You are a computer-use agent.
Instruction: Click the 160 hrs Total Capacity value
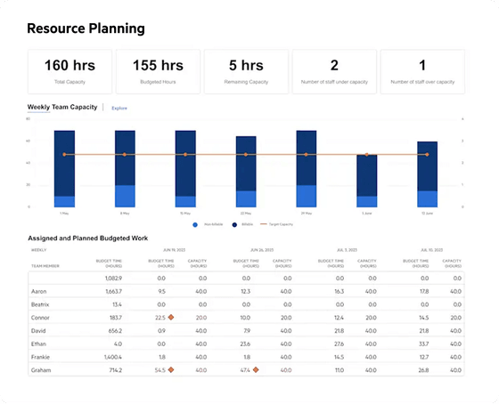(x=70, y=65)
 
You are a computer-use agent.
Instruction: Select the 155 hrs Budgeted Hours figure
(x=157, y=65)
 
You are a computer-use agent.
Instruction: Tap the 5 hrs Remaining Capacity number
(x=245, y=65)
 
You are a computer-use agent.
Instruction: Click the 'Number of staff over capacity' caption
(x=421, y=82)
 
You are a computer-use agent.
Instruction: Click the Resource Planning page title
(x=85, y=28)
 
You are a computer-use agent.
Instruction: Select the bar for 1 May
(x=64, y=169)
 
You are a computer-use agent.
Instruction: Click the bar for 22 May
(x=245, y=172)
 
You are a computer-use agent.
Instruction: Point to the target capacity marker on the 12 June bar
(x=427, y=155)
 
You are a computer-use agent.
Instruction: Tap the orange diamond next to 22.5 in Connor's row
(x=172, y=317)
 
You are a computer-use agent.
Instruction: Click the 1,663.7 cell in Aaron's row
(x=112, y=292)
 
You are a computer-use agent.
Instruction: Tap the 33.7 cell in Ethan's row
(x=423, y=343)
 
